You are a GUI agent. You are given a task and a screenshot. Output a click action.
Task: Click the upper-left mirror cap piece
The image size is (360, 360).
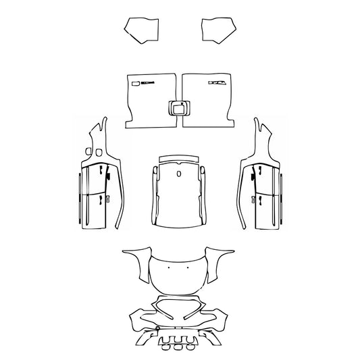coord(140,29)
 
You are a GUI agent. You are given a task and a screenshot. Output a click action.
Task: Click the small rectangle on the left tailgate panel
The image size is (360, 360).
coord(135,83)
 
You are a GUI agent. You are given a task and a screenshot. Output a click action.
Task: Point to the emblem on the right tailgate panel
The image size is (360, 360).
coord(217,82)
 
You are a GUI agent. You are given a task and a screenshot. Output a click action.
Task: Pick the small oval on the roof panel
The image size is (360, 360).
coord(179,174)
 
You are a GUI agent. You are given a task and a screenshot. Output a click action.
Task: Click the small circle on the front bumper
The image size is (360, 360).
coord(157,329)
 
